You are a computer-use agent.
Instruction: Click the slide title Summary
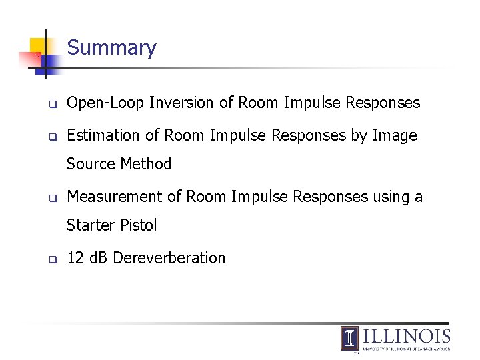111,48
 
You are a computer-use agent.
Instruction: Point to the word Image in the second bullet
395,135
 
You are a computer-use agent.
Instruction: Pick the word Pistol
138,225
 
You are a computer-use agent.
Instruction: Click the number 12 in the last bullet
75,258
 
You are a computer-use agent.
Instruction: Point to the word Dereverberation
169,258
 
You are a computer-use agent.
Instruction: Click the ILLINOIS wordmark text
407,336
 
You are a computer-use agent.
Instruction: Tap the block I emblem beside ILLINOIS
350,338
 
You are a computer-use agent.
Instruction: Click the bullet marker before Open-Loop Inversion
51,104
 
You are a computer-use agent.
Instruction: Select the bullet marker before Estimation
51,137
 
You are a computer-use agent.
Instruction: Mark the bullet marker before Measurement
51,198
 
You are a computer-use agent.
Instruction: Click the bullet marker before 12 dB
51,259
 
